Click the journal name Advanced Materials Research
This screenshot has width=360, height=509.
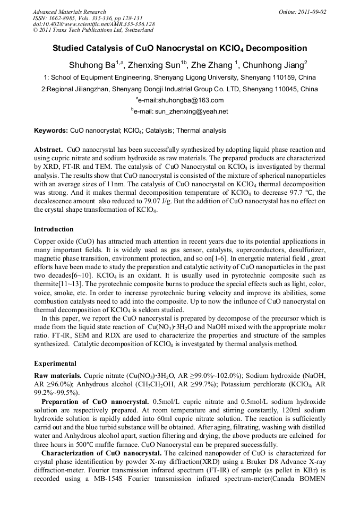click(69, 12)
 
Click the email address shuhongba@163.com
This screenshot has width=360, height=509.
click(181, 100)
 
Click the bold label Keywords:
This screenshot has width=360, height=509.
click(51, 131)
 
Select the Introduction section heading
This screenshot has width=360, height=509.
click(54, 229)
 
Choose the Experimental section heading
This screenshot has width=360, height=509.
click(55, 364)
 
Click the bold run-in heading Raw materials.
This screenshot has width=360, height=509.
click(58, 375)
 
